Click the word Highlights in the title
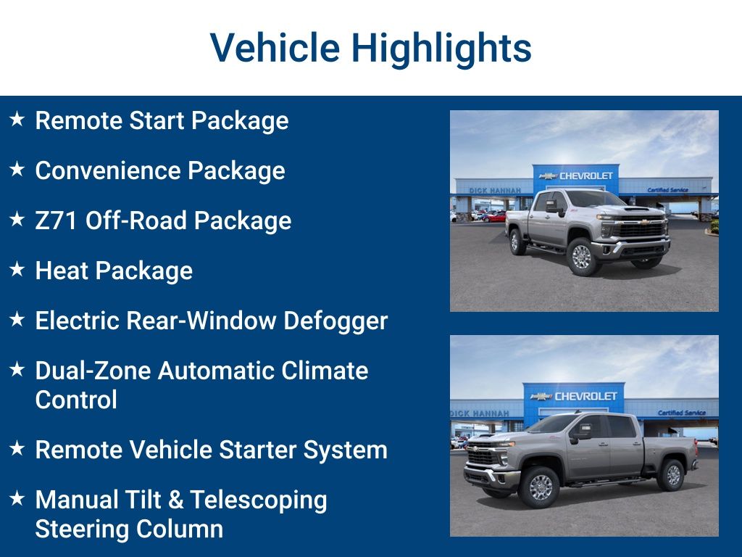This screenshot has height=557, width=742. (441, 49)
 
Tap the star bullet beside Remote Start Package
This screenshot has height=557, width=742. (17, 119)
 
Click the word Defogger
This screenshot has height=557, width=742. (335, 321)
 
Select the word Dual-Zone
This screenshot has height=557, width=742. (93, 371)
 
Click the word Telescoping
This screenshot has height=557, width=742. (259, 500)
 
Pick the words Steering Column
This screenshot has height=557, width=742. (129, 529)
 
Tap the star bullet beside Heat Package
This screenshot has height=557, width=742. (17, 270)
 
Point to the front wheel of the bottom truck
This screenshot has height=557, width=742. (540, 487)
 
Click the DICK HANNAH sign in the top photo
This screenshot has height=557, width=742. (495, 190)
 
